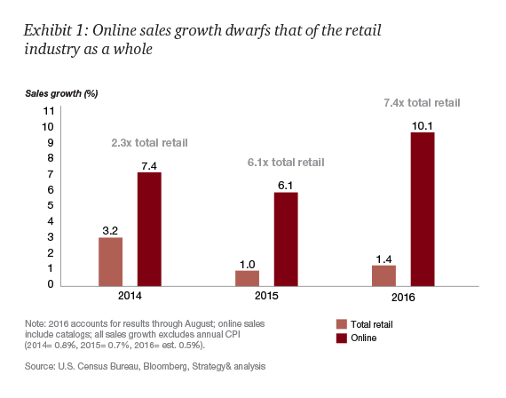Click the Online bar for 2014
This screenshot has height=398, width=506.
click(x=148, y=228)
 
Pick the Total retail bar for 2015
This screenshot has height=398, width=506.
click(x=248, y=277)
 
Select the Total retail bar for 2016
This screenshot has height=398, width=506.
click(x=383, y=275)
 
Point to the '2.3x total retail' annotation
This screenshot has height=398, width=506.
click(x=149, y=142)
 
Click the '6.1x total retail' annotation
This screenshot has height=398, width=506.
click(x=285, y=163)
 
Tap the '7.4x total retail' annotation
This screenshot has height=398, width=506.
click(x=422, y=103)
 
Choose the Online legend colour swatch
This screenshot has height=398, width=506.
click(x=341, y=338)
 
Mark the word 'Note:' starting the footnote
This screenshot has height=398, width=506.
click(x=34, y=320)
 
